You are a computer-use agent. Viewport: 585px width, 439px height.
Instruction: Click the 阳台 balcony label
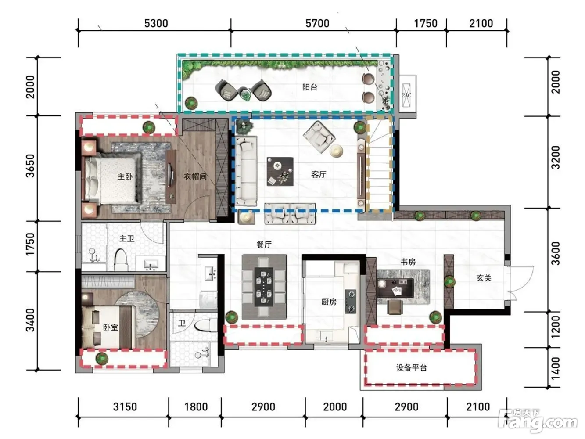tap(310, 87)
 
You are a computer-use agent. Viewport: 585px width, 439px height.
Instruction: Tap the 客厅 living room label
tap(319, 174)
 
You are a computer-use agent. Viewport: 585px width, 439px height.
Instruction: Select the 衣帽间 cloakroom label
tap(195, 176)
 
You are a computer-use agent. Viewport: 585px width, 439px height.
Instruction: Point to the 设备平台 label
tap(412, 367)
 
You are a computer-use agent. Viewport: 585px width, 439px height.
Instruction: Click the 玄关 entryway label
tap(484, 278)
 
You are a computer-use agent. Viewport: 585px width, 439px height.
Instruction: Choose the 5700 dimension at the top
tap(317, 23)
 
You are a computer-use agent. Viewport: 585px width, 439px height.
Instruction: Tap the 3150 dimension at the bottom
tap(125, 407)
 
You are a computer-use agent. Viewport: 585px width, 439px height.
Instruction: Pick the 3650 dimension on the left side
tap(30, 166)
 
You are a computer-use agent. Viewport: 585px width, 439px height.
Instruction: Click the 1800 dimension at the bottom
tap(196, 407)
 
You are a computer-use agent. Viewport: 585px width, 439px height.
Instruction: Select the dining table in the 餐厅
tap(264, 287)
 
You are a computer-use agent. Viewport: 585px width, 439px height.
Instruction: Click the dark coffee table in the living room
tap(280, 171)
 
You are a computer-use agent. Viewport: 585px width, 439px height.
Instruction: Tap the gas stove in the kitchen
tap(350, 301)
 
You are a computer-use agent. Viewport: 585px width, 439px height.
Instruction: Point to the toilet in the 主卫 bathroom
tap(121, 259)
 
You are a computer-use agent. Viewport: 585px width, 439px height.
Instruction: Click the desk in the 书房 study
tap(395, 288)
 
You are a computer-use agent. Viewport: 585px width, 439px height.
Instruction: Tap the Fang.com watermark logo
tap(538, 421)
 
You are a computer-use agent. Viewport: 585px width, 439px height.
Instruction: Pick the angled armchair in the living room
tap(319, 137)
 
